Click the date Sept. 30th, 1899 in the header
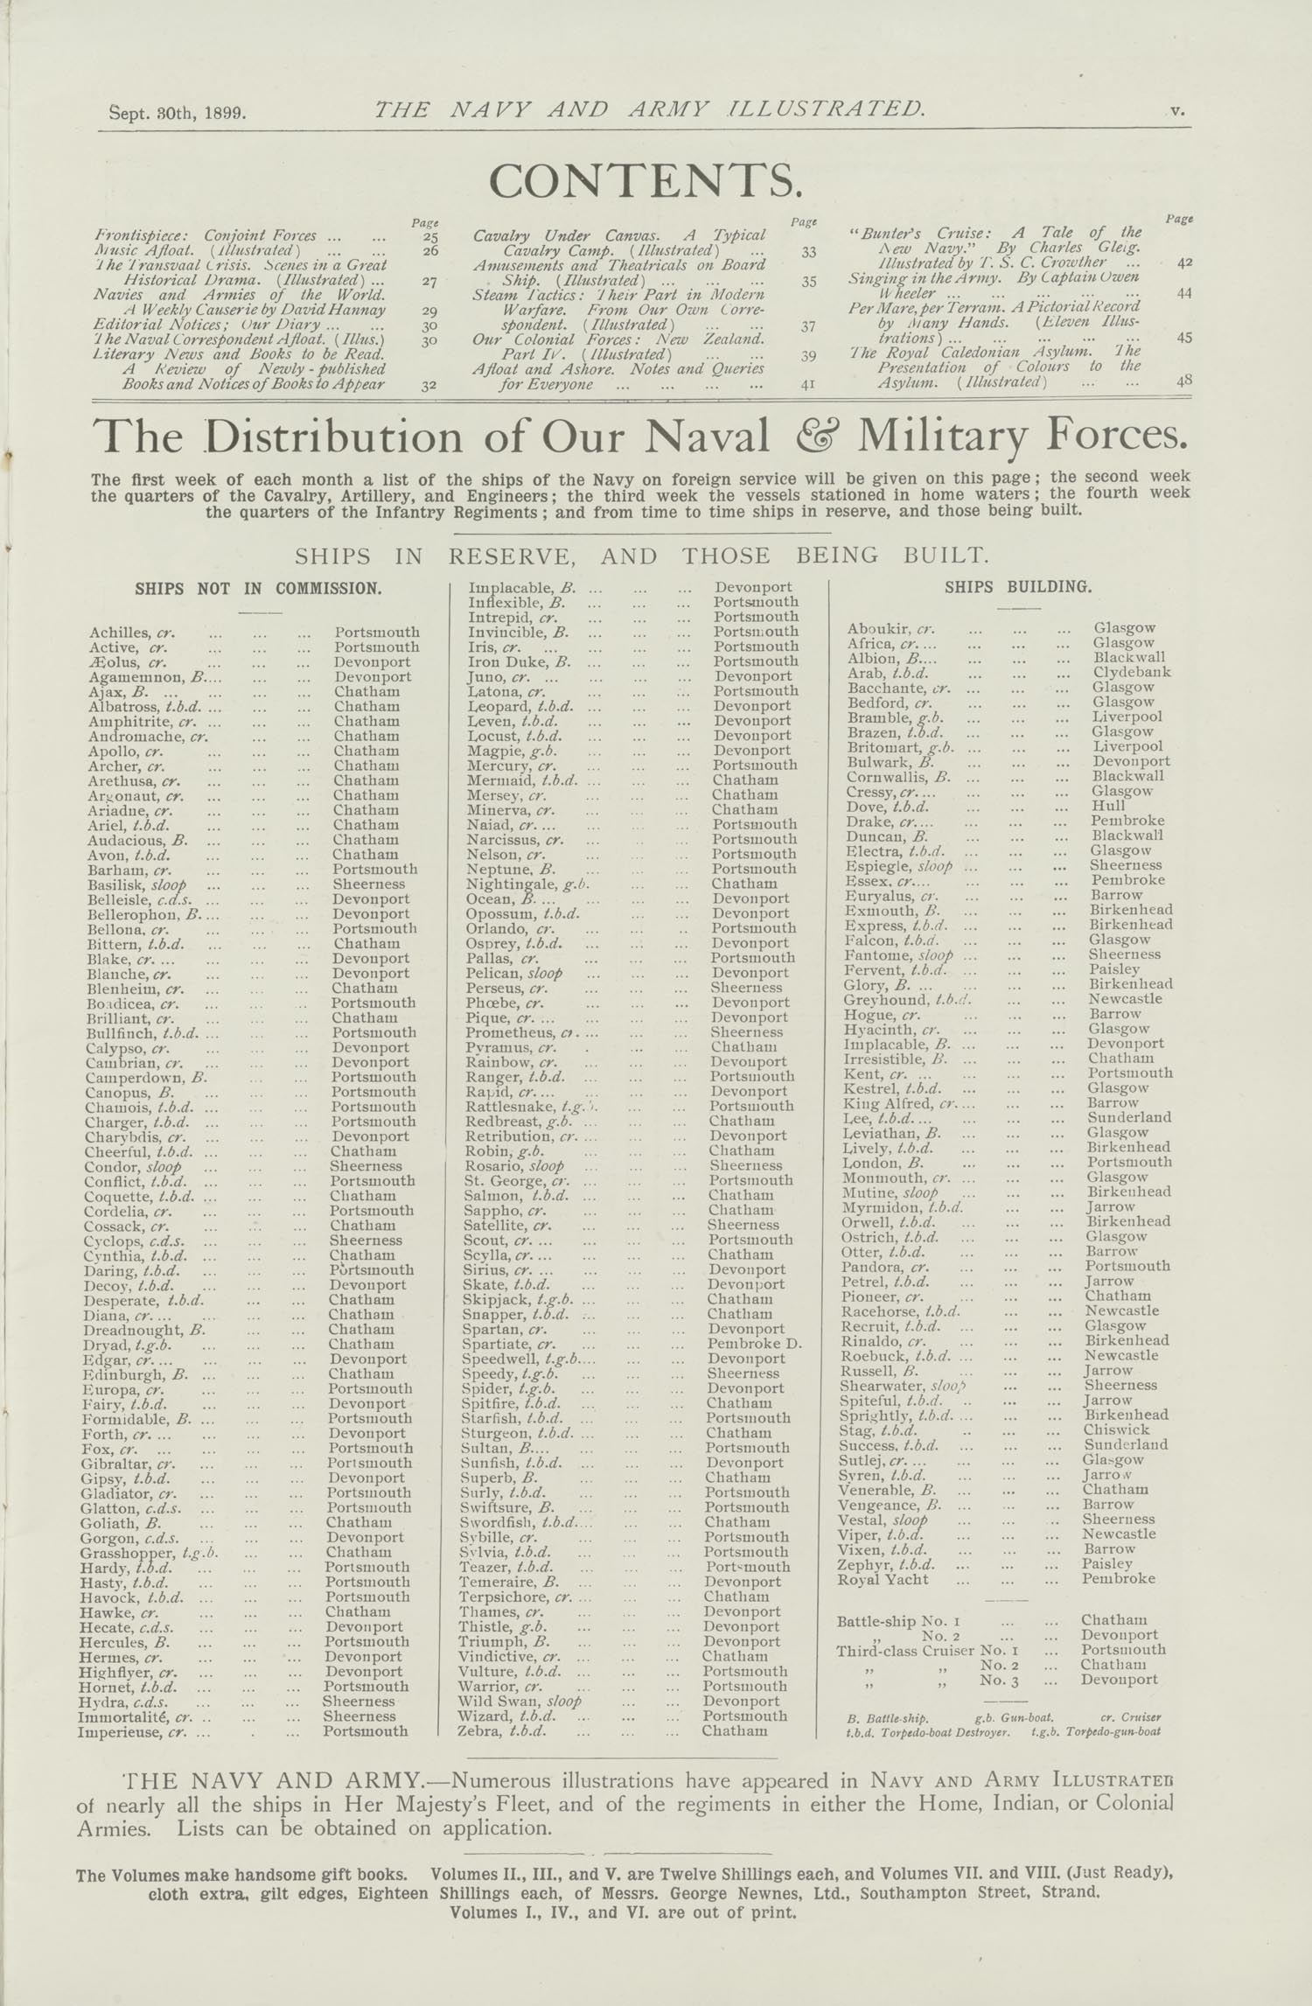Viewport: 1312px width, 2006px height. click(178, 113)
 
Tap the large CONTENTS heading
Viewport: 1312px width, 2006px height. click(645, 181)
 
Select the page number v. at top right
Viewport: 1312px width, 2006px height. click(1176, 110)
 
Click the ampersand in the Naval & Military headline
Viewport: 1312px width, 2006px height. click(813, 437)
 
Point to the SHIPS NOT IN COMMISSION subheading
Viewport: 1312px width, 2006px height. click(258, 589)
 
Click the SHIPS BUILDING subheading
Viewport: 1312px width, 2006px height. click(1018, 587)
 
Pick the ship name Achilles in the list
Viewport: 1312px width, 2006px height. click(117, 633)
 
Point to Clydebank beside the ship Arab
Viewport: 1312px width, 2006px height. click(1132, 673)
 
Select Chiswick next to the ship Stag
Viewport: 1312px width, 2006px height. click(1117, 1429)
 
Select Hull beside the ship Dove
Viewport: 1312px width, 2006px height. click(1108, 806)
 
